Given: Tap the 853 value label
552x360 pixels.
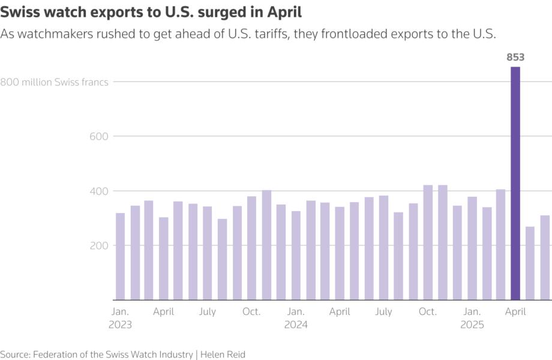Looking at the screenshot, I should (515, 58).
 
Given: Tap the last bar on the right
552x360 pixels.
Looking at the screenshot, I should (545, 257).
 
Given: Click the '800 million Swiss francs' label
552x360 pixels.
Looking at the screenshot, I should (55, 82).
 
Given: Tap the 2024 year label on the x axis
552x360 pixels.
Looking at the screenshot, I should (296, 325).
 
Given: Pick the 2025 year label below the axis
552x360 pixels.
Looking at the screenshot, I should (472, 325).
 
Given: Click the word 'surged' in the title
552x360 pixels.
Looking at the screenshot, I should (221, 13).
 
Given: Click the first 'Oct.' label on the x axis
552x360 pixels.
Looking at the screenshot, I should (252, 312).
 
